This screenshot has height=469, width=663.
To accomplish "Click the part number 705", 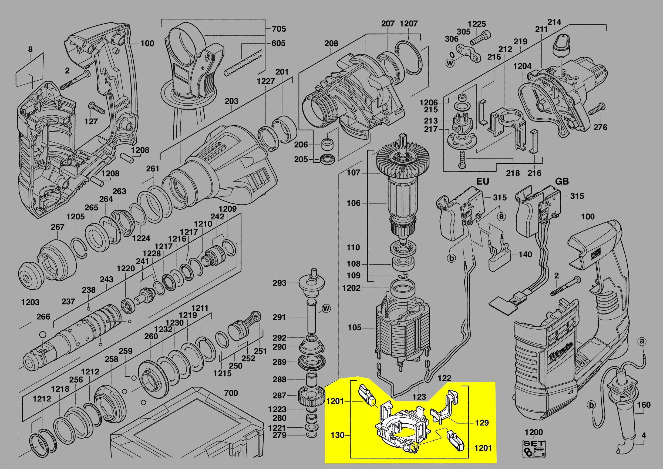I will click(x=279, y=29).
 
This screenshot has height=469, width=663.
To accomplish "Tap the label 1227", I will click(x=266, y=81).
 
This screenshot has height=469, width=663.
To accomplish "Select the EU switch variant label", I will click(x=483, y=181).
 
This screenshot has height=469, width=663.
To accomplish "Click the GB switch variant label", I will click(x=562, y=181).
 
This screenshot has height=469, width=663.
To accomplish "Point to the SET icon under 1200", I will click(x=534, y=448).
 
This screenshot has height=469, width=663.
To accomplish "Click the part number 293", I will click(x=279, y=283).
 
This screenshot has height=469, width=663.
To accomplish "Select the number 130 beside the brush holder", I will click(x=337, y=435).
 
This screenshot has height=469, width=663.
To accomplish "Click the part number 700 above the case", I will click(x=231, y=393).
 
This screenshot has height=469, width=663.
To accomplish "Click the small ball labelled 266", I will click(x=42, y=334).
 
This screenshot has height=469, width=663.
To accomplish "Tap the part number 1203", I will click(x=30, y=302).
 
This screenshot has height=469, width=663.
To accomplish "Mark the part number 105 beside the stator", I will click(x=354, y=327).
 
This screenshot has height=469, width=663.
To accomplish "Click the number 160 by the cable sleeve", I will click(x=644, y=405).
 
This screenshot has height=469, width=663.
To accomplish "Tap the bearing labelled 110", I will click(x=403, y=248).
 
